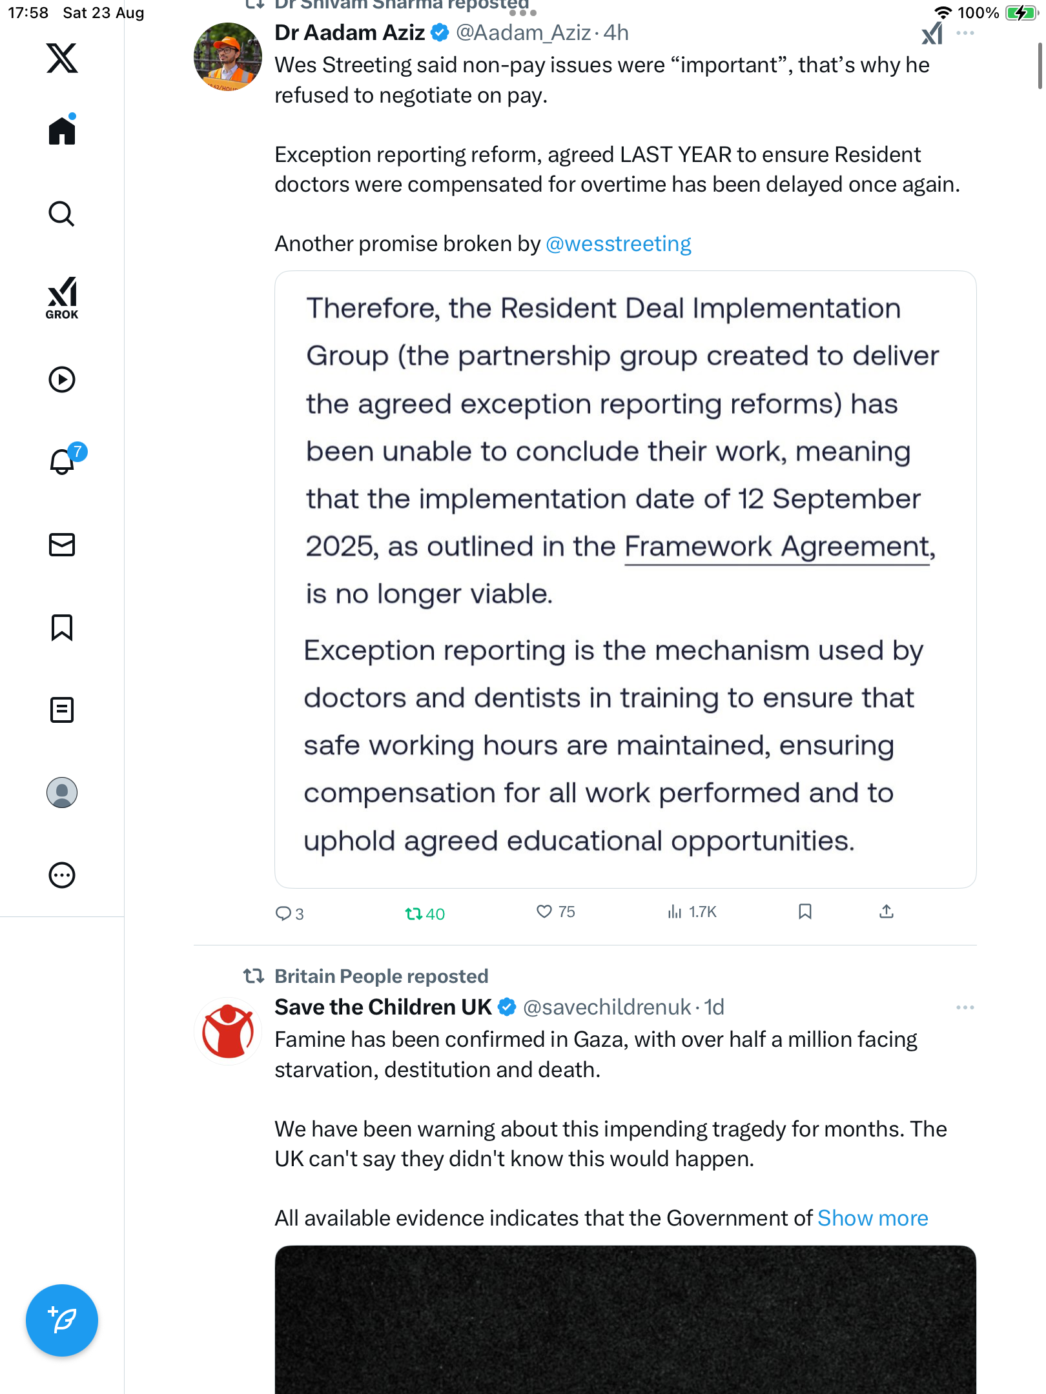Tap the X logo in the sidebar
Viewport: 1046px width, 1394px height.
62,58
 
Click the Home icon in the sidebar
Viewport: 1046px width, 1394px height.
62,131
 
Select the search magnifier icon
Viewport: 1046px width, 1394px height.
62,214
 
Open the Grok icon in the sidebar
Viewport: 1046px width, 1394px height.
62,298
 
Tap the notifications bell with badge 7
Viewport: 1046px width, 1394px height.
63,461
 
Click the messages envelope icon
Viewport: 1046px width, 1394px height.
62,545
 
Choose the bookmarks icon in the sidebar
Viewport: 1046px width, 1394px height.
62,627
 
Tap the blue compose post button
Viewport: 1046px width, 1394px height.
62,1320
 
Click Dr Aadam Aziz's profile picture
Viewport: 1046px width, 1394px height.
227,57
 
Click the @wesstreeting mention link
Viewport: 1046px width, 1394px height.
618,244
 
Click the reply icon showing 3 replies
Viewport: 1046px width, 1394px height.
283,913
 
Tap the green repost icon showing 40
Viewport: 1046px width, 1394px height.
414,913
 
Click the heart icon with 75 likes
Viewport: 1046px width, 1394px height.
544,911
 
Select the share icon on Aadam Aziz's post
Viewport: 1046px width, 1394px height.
887,911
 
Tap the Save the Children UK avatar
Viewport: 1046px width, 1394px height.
227,1031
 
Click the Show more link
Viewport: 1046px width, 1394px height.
872,1218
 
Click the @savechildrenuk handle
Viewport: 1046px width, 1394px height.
607,1007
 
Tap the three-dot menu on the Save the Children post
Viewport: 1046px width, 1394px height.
965,1007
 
